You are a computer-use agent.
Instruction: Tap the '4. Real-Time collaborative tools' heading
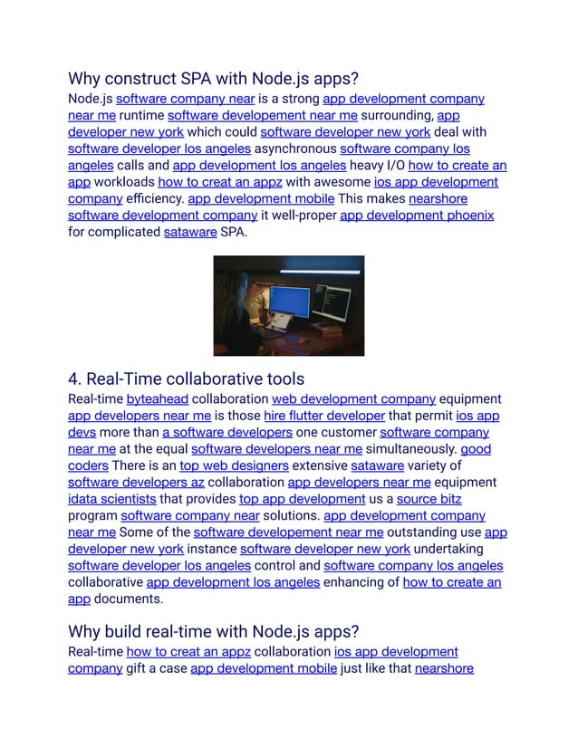pos(186,379)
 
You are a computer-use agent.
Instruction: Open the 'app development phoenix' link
pos(416,215)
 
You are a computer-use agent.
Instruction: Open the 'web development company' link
pos(353,398)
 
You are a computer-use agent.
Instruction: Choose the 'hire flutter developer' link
pos(324,416)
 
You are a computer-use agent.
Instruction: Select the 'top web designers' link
pos(234,465)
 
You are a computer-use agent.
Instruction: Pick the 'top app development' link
pos(303,499)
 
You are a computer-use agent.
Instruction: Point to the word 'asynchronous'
pos(295,149)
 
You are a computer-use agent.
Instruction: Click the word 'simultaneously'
pos(411,449)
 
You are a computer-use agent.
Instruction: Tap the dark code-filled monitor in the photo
pos(333,302)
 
